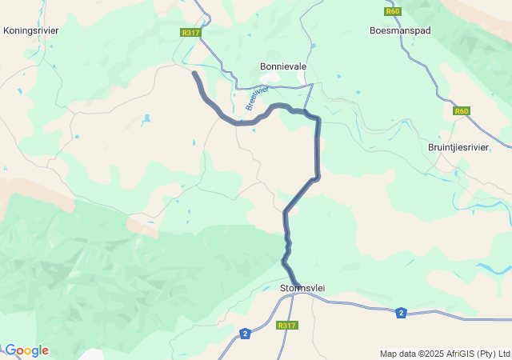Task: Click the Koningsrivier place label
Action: pyautogui.click(x=31, y=30)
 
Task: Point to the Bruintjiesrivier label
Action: pyautogui.click(x=458, y=147)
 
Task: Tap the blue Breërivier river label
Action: pyautogui.click(x=256, y=98)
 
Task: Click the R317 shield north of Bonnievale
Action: pyautogui.click(x=190, y=33)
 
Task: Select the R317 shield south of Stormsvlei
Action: pyautogui.click(x=286, y=326)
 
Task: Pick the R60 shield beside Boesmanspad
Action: pyautogui.click(x=392, y=12)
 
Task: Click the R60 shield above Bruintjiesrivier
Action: pyautogui.click(x=461, y=111)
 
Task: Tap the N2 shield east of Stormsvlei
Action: pyautogui.click(x=401, y=313)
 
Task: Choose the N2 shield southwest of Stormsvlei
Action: pyautogui.click(x=245, y=333)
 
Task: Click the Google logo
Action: pyautogui.click(x=26, y=350)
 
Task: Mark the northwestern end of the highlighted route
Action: pyautogui.click(x=194, y=73)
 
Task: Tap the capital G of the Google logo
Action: pyautogui.click(x=10, y=350)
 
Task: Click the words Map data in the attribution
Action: pyautogui.click(x=398, y=354)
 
